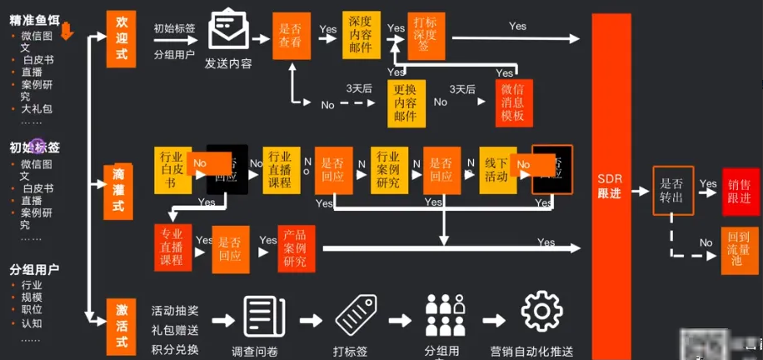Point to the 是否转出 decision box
[x=672, y=191]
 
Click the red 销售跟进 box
[x=740, y=190]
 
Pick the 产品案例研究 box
[x=295, y=249]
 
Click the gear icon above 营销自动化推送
[x=542, y=312]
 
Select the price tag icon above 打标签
[x=358, y=315]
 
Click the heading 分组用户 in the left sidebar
[x=34, y=270]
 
